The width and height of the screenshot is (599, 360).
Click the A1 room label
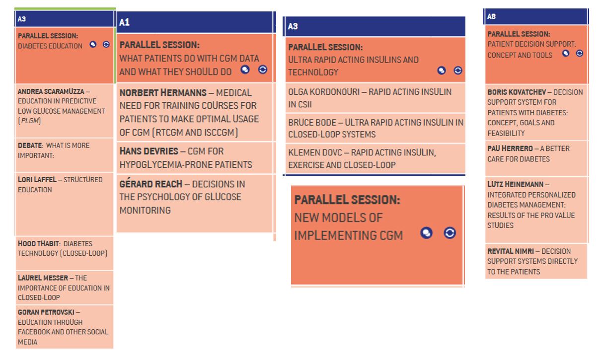click(x=124, y=22)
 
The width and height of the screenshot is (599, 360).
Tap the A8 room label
click(x=491, y=16)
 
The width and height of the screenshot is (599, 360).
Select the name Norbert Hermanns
click(x=163, y=93)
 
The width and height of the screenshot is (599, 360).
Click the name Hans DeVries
click(x=149, y=151)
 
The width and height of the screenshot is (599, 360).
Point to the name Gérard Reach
click(x=151, y=184)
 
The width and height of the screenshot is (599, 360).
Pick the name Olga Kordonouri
click(x=323, y=92)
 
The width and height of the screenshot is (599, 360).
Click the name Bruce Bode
click(x=312, y=123)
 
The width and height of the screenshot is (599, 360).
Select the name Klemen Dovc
click(x=315, y=152)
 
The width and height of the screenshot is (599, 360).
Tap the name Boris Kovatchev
click(x=517, y=92)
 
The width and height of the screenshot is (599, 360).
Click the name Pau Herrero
click(x=510, y=148)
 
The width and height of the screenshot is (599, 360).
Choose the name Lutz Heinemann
click(x=515, y=184)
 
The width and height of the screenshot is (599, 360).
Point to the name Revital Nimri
click(x=511, y=251)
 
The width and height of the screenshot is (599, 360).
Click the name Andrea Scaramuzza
click(x=51, y=91)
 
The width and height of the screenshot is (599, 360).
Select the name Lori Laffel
click(x=37, y=180)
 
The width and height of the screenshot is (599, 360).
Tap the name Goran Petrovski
click(x=46, y=312)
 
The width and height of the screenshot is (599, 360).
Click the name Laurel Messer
click(x=43, y=278)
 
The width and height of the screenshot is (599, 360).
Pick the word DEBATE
click(x=30, y=145)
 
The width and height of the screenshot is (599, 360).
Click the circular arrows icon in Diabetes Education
click(x=106, y=44)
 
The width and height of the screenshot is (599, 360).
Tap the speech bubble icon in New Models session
click(x=426, y=233)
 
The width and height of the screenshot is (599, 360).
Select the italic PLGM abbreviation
click(x=29, y=121)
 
